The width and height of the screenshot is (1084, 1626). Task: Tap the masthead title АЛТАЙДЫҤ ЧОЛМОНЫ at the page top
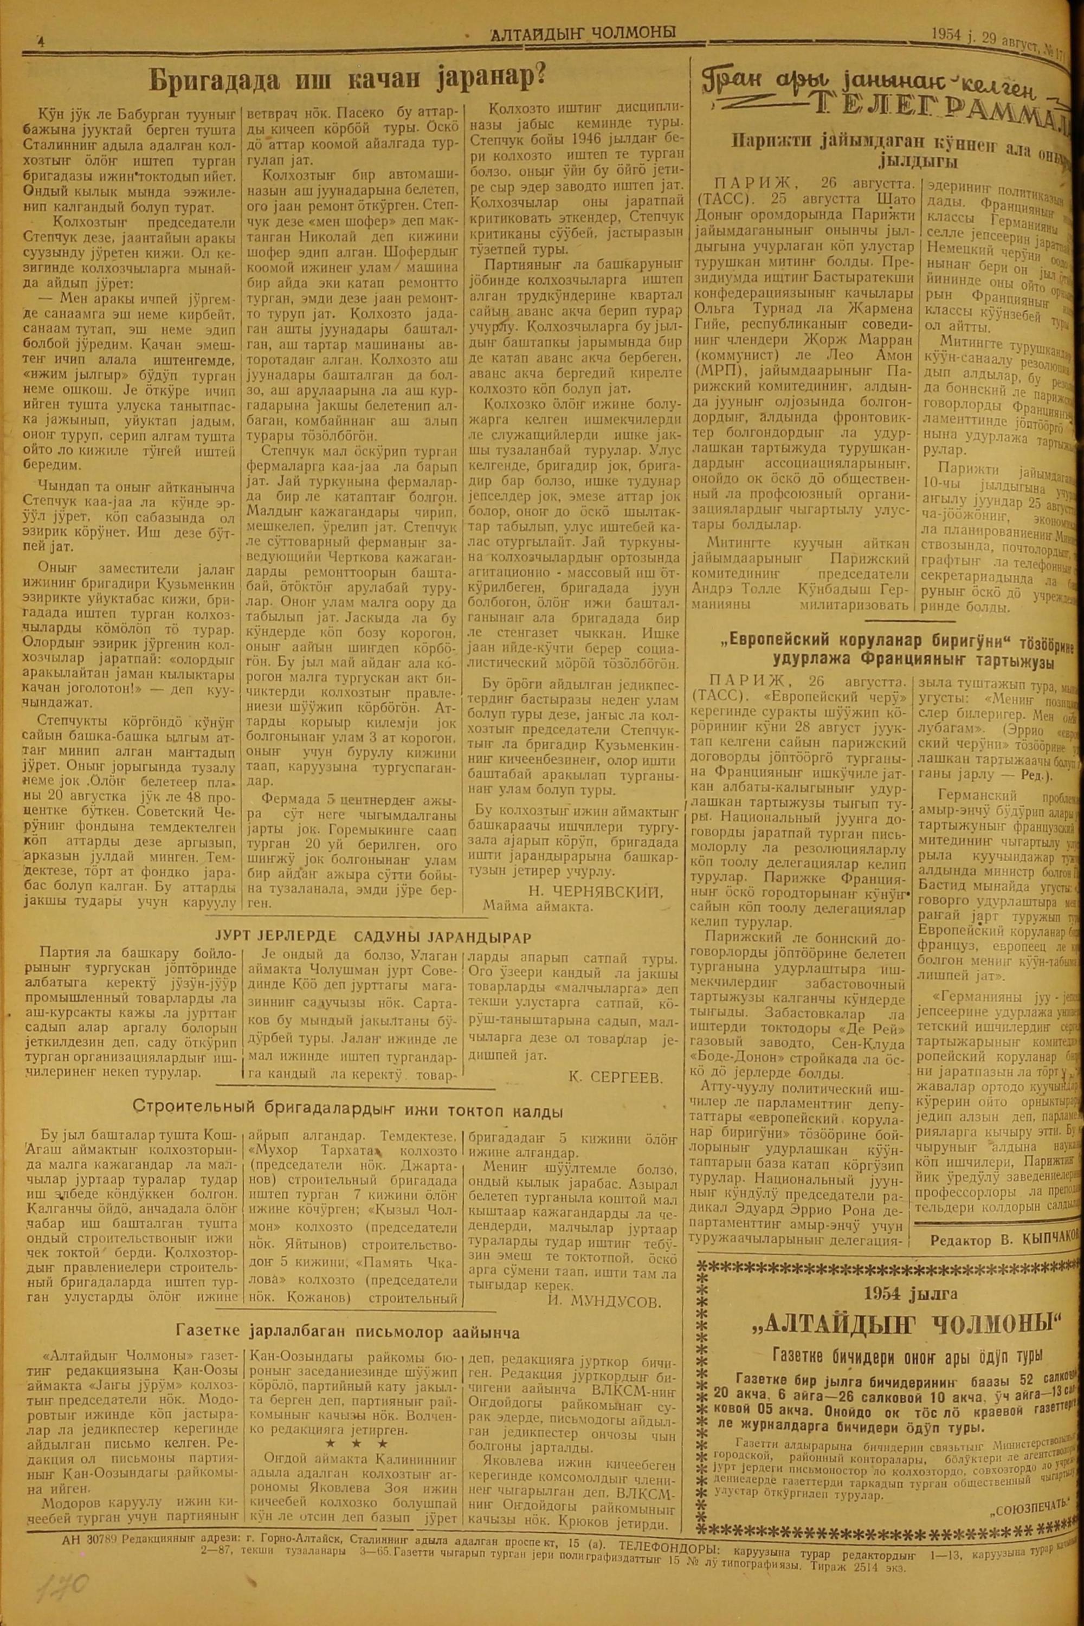[x=582, y=33]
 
